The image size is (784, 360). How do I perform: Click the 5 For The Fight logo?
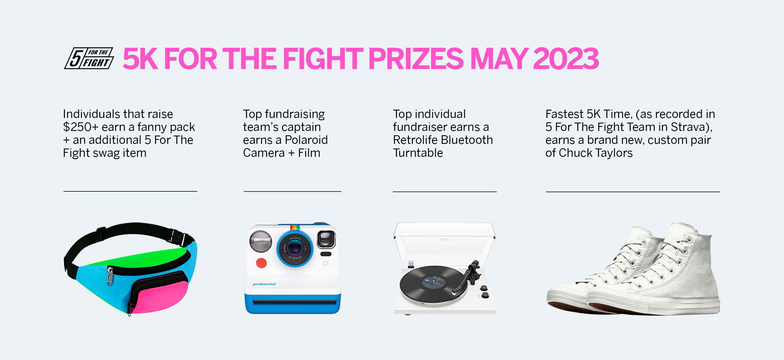click(89, 58)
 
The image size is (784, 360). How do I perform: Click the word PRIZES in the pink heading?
click(416, 58)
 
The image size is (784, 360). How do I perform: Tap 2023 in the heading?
click(566, 58)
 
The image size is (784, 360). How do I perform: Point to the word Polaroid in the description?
click(306, 140)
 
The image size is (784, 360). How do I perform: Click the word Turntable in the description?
click(418, 153)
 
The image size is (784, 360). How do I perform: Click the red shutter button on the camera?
click(261, 263)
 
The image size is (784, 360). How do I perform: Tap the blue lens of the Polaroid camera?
click(295, 249)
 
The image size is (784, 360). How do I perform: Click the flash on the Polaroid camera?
click(260, 241)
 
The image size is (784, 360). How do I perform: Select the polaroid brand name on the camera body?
click(264, 284)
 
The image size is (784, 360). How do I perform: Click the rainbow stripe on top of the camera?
click(294, 227)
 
